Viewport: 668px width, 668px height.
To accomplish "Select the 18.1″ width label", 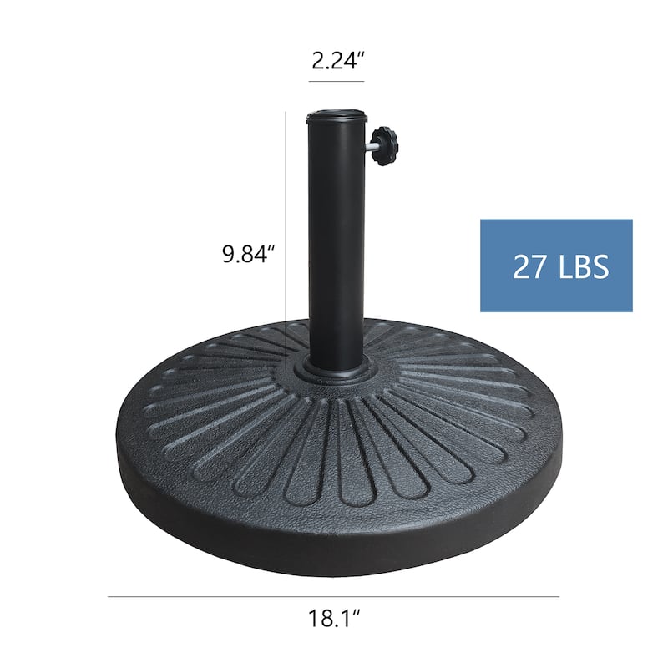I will (x=334, y=620).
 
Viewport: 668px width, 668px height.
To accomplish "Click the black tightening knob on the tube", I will (x=386, y=145).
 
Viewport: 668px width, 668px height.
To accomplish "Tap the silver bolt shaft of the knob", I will (x=369, y=148).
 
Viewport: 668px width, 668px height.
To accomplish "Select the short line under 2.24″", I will (x=336, y=82).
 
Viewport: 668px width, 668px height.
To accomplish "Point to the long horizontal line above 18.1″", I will (x=334, y=597).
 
